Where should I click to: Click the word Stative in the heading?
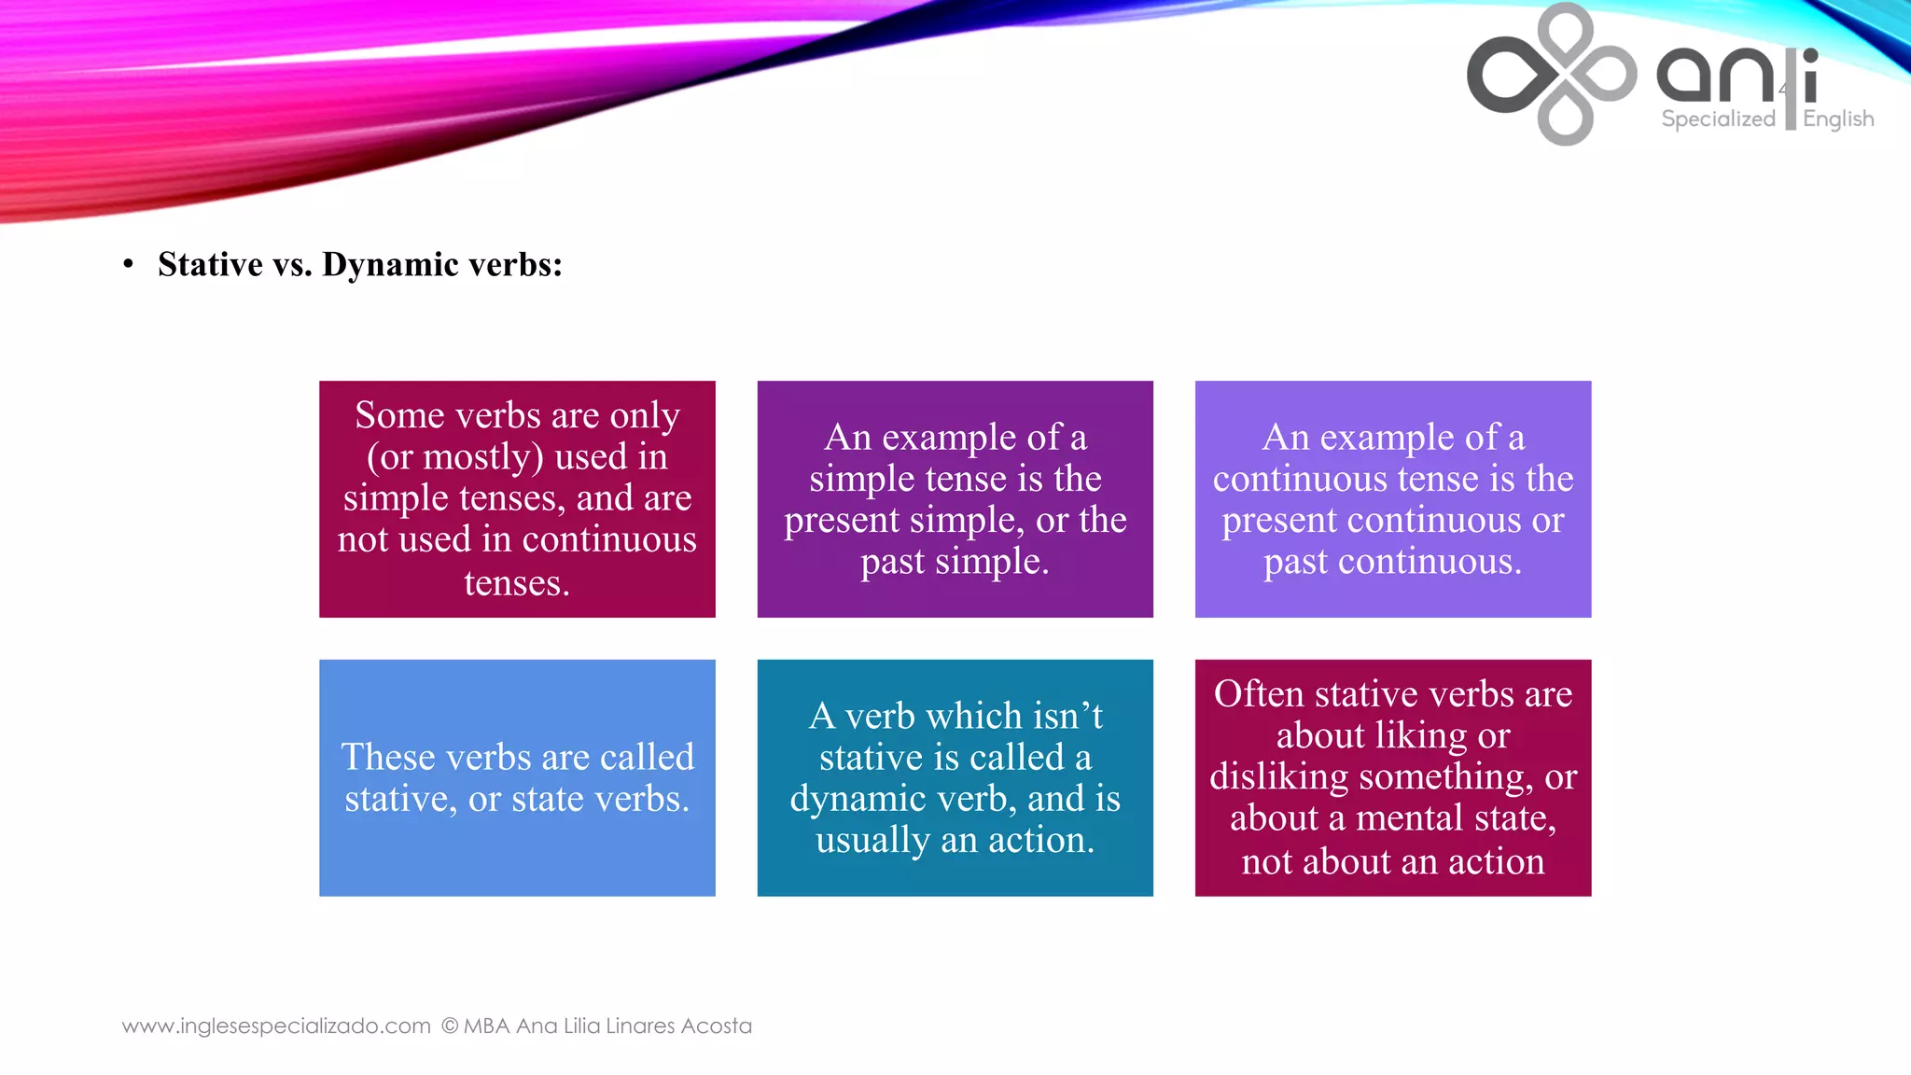point(210,264)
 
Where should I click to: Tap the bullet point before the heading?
point(128,264)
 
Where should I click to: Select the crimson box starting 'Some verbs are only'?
point(517,498)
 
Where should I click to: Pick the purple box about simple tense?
point(955,498)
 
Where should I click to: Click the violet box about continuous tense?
point(1392,498)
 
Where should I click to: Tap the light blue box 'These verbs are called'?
point(517,777)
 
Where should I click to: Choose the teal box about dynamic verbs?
point(955,777)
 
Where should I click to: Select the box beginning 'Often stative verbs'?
point(1392,777)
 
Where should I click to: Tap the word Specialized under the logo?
point(1718,119)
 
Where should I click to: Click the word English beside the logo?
point(1837,119)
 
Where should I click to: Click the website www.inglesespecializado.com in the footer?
point(276,1026)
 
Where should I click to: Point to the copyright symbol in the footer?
point(450,1026)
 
